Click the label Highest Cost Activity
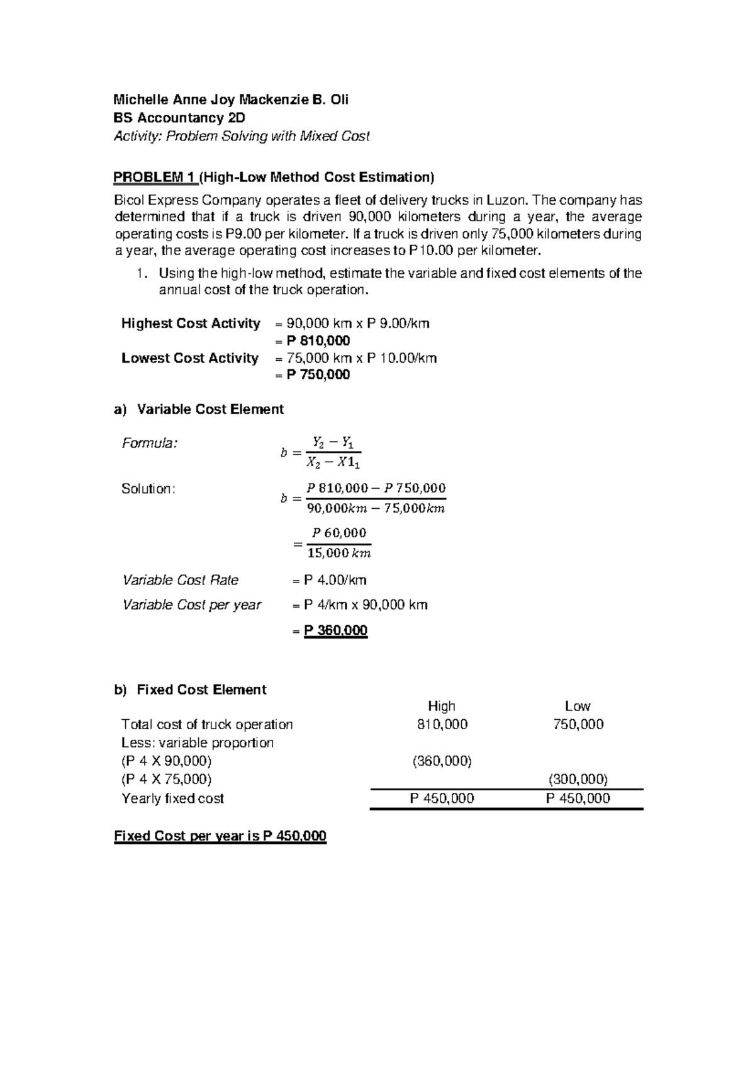coord(191,324)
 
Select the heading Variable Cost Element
coord(210,409)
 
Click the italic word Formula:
coord(150,443)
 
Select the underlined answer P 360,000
coord(335,630)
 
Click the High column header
coord(441,707)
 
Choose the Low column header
coord(577,707)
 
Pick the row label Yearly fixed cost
coord(172,798)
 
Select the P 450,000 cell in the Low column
coord(578,798)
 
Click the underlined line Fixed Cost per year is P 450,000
coord(220,836)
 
